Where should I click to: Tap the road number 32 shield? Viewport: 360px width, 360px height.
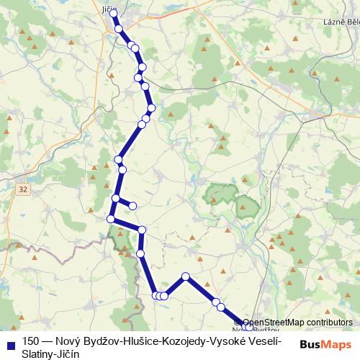point(24,189)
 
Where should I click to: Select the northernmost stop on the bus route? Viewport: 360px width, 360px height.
point(113,14)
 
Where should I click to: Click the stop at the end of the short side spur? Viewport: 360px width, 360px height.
point(132,206)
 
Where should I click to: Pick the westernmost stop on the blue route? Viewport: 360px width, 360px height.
point(111,218)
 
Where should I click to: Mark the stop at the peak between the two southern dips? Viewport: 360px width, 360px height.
point(186,276)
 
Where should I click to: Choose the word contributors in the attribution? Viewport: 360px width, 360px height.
point(330,323)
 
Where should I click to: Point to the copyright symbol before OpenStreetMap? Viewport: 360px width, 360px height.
point(246,323)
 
